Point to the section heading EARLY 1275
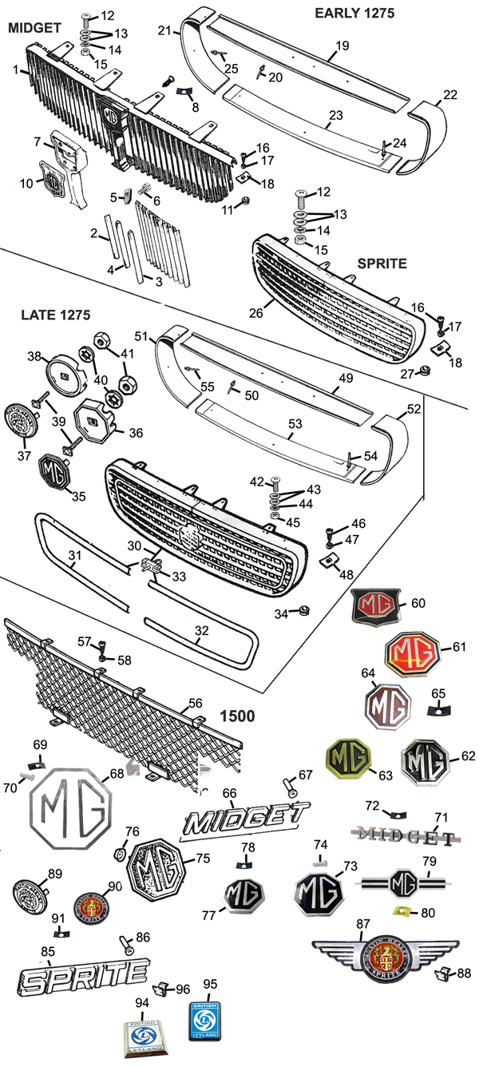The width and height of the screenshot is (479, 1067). pos(354,13)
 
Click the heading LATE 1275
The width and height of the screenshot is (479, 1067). pos(56,315)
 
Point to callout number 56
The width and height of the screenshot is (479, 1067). pos(195,702)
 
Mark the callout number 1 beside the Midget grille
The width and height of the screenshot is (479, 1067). pos(16,70)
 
